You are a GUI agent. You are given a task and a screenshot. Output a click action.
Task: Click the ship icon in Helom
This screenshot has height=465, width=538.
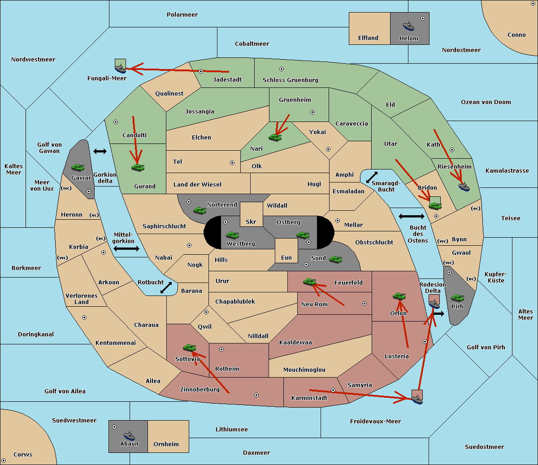coord(408,26)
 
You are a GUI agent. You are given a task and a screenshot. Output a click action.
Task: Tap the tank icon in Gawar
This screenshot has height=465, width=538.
coord(78,167)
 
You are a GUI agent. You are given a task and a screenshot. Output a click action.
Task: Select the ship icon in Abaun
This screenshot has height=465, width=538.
coord(129,435)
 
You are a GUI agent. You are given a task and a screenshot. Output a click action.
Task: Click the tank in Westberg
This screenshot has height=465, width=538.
coord(232,235)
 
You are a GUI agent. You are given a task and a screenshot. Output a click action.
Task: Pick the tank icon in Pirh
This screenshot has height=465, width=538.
coord(457,298)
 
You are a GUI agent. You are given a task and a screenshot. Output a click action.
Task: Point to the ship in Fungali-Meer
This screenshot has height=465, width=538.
coord(120,69)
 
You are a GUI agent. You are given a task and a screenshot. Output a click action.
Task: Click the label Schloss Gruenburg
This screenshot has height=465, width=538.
coord(290,80)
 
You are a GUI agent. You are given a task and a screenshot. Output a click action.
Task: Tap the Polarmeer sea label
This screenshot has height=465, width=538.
coord(182,15)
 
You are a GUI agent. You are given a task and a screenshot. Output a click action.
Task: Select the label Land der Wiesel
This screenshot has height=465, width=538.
coord(197,184)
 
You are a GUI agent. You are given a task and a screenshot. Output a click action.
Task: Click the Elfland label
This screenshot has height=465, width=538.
coord(368,38)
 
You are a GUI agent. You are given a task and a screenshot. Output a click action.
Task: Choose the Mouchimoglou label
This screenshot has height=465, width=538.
coord(304,369)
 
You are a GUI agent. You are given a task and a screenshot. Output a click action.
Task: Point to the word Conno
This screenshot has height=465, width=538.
coord(516,35)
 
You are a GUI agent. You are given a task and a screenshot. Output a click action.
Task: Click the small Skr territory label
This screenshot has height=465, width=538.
coord(251,222)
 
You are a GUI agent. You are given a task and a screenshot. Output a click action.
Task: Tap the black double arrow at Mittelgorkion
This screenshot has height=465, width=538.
coord(126,248)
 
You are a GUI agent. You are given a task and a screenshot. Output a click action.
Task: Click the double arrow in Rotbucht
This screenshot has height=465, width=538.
coord(166,288)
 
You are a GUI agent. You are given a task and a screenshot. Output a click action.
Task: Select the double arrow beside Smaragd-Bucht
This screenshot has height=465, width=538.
coord(372,177)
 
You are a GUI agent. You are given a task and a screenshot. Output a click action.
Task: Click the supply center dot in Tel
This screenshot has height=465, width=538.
coord(232,163)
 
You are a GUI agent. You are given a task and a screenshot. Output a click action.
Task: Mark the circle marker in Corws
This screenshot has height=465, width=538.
coord(4,461)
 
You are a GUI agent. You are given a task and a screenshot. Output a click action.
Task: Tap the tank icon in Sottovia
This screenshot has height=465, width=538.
coord(190,348)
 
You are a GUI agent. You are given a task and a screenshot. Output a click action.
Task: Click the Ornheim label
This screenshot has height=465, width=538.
coord(166,444)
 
